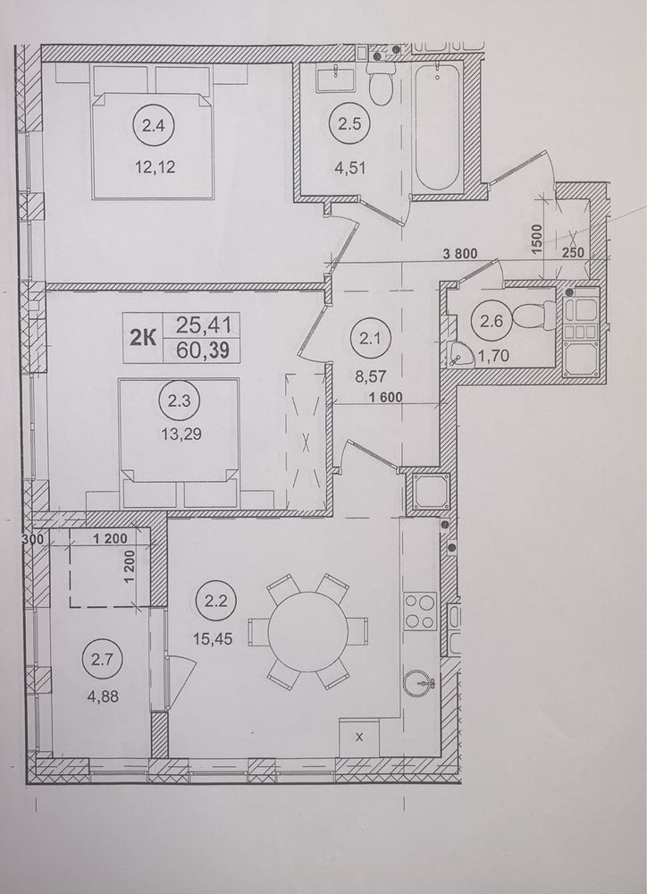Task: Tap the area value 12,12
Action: coord(155,167)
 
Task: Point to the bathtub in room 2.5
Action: coord(437,127)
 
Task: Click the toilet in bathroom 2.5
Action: coord(380,83)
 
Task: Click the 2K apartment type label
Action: coord(142,339)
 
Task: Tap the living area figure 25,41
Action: coord(203,325)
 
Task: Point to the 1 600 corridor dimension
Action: coord(386,398)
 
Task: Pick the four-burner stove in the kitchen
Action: coord(420,611)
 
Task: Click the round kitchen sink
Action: coord(419,683)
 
